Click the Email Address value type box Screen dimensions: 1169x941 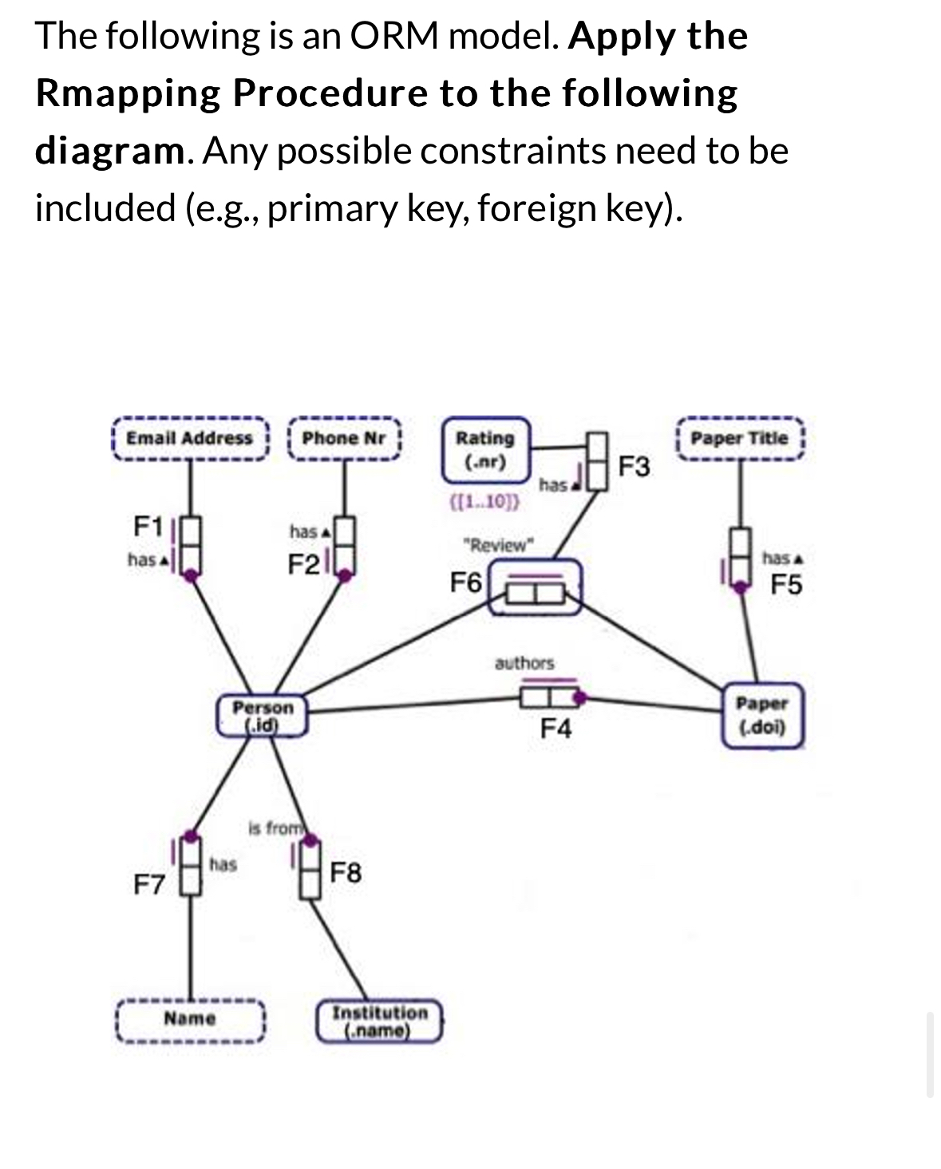(189, 438)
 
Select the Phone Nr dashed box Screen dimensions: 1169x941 (344, 438)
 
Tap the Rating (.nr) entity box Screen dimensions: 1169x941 (485, 449)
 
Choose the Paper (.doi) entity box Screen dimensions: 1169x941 (761, 715)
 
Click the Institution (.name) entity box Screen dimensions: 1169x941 (380, 1021)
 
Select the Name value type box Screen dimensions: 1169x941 (190, 1018)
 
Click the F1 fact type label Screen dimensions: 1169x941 (148, 527)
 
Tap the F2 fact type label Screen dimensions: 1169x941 (303, 565)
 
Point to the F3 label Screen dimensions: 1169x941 (635, 466)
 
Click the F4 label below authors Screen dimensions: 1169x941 (556, 729)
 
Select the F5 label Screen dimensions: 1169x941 (786, 585)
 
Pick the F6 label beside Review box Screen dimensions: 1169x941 (466, 583)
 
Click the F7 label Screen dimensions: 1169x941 (148, 884)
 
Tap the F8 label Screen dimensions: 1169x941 (346, 873)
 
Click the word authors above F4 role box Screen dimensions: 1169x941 (524, 662)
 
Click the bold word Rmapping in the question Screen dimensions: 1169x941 (128, 93)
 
